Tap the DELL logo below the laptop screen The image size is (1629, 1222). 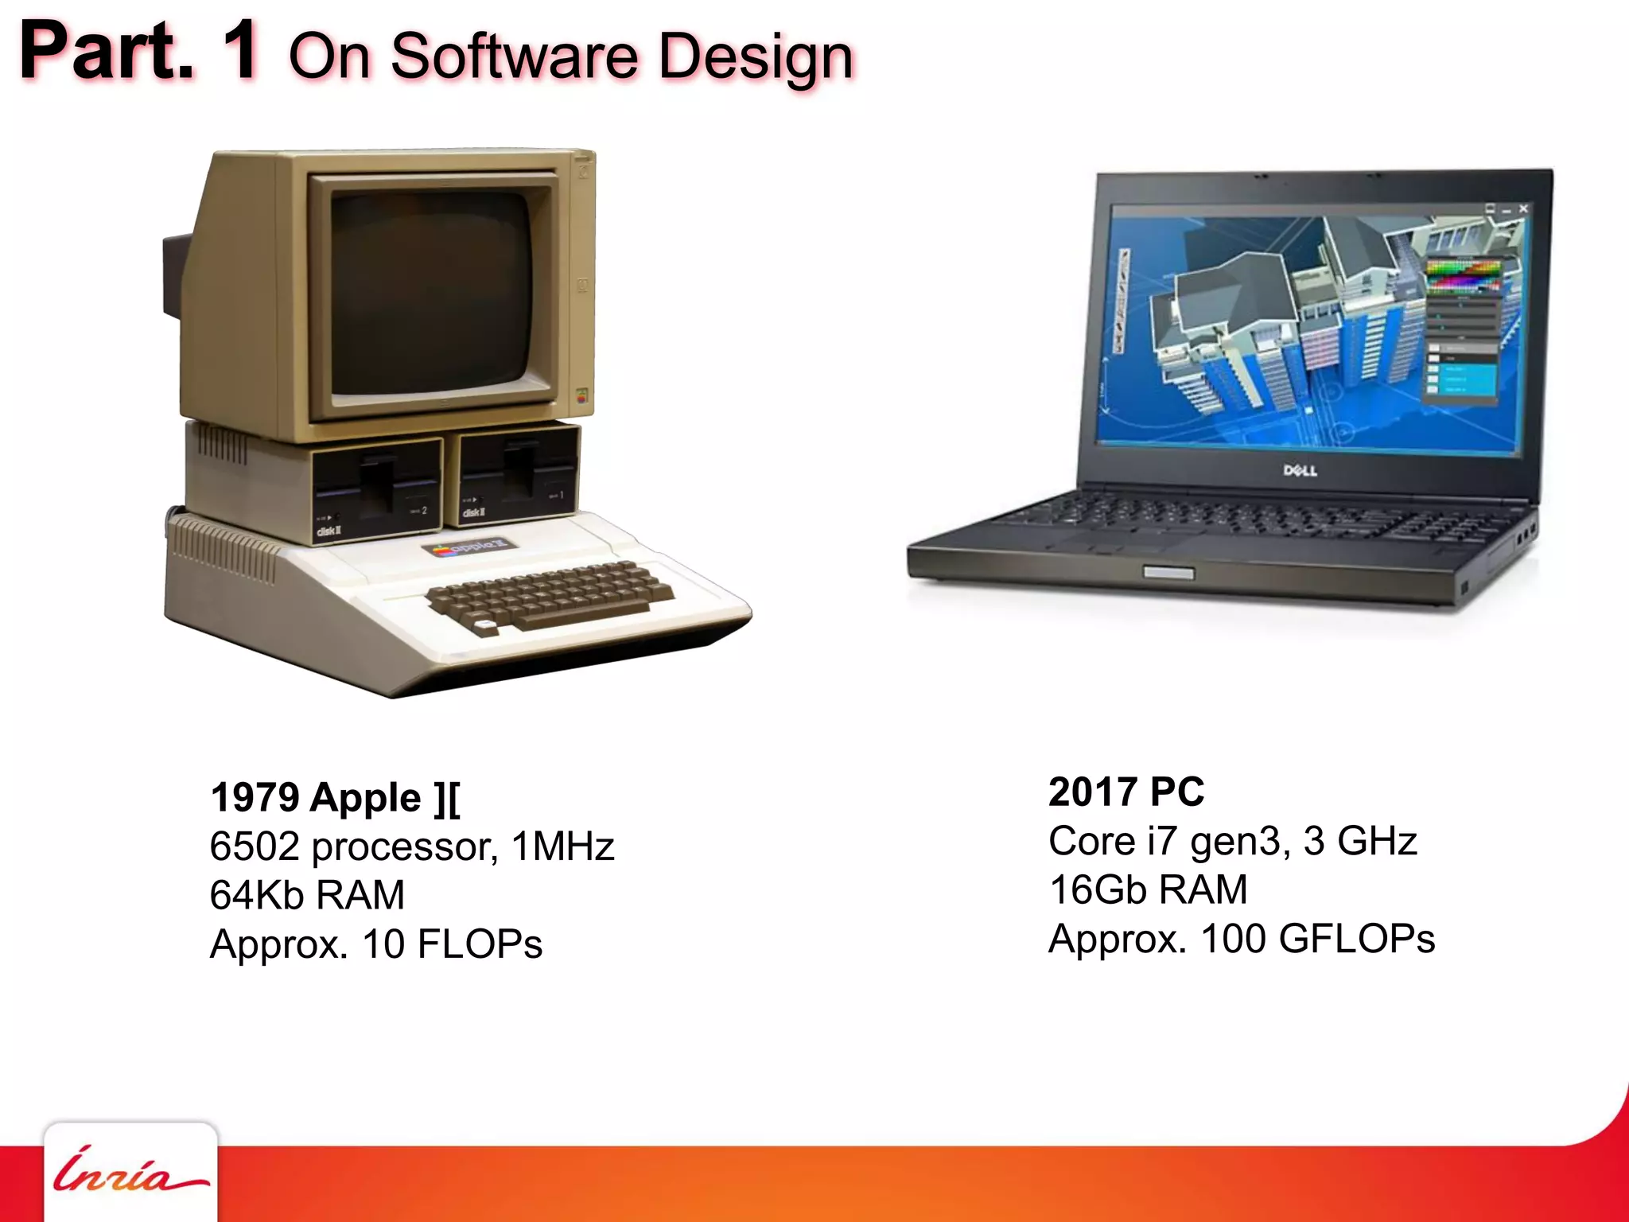(x=1300, y=470)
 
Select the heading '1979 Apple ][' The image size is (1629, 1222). (x=335, y=798)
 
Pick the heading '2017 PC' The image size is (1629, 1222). (x=1126, y=792)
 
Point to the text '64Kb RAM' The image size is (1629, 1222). (x=307, y=895)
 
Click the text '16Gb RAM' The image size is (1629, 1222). (x=1148, y=889)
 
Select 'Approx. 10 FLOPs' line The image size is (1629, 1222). (x=375, y=944)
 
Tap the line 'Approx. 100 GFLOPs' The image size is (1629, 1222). (x=1242, y=939)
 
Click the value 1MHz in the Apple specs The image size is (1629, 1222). (x=562, y=846)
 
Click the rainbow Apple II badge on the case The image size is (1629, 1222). (x=469, y=547)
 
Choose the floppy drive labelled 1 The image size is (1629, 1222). (x=519, y=474)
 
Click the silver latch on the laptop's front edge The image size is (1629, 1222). (x=1168, y=573)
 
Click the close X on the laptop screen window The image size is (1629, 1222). (x=1523, y=208)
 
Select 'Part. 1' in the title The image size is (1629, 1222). (x=139, y=51)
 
